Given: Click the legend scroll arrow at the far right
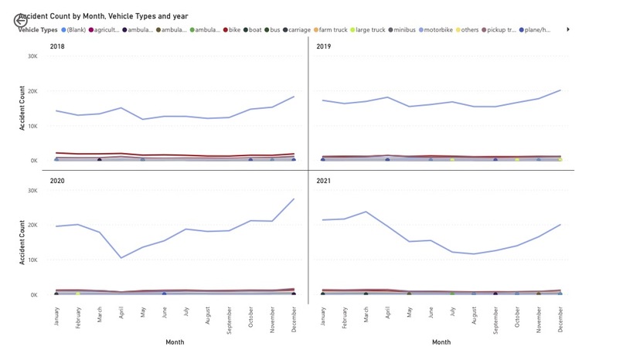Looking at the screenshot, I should click(x=569, y=29).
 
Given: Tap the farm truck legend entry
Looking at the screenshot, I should click(x=330, y=29).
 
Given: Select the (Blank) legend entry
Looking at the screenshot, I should click(x=73, y=29).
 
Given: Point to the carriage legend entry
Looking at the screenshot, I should click(x=296, y=29).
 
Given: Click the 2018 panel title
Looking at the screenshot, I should click(x=57, y=47).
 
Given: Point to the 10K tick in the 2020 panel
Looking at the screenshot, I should click(x=32, y=260).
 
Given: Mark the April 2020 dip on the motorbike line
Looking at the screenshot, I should click(x=121, y=258).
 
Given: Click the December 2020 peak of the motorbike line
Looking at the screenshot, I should click(x=294, y=199).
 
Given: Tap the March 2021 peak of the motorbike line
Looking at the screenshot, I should click(x=366, y=212).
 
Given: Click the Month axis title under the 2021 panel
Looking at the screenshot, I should click(x=441, y=341).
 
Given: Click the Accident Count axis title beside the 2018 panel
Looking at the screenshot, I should click(x=22, y=108).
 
